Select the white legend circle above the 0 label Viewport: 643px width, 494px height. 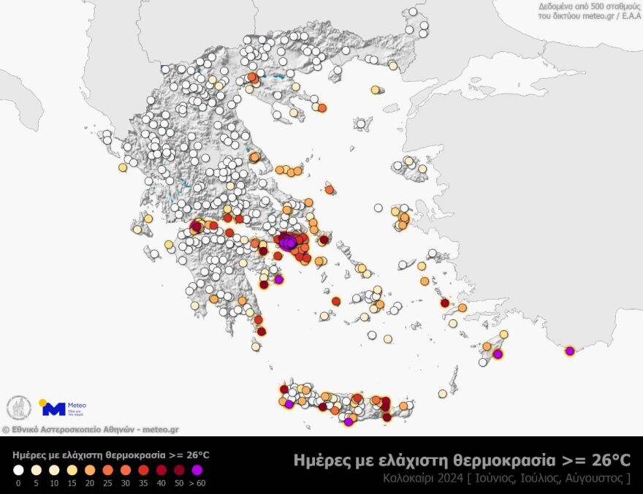point(18,471)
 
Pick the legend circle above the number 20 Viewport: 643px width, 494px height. point(89,471)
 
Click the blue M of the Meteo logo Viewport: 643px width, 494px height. point(54,409)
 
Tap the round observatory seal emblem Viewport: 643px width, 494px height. point(18,408)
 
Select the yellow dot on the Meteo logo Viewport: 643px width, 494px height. point(42,402)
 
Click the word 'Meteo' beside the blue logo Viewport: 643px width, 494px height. point(77,405)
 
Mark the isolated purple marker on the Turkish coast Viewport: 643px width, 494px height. point(570,351)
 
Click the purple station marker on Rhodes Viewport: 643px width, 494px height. point(498,354)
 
